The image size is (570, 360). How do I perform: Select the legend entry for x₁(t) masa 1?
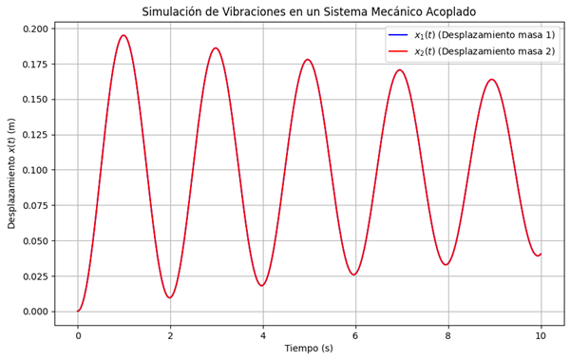pyautogui.click(x=471, y=35)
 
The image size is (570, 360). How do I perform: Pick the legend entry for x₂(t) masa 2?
pyautogui.click(x=471, y=51)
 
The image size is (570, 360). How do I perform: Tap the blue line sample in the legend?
pyautogui.click(x=398, y=35)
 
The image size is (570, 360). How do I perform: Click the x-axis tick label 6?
pyautogui.click(x=355, y=335)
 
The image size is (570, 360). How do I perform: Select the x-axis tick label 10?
pyautogui.click(x=541, y=335)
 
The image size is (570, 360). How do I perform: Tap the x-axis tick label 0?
pyautogui.click(x=78, y=335)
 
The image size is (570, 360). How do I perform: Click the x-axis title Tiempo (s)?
pyautogui.click(x=309, y=349)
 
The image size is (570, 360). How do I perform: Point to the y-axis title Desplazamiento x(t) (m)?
pyautogui.click(x=11, y=174)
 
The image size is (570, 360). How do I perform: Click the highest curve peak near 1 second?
pyautogui.click(x=123, y=35)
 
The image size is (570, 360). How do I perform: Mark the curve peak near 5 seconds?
pyautogui.click(x=308, y=59)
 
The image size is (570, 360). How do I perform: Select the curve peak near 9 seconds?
pyautogui.click(x=492, y=79)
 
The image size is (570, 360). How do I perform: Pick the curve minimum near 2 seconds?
pyautogui.click(x=170, y=298)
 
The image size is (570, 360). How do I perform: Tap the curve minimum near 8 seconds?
pyautogui.click(x=447, y=264)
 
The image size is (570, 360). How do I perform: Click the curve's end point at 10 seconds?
pyautogui.click(x=541, y=255)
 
